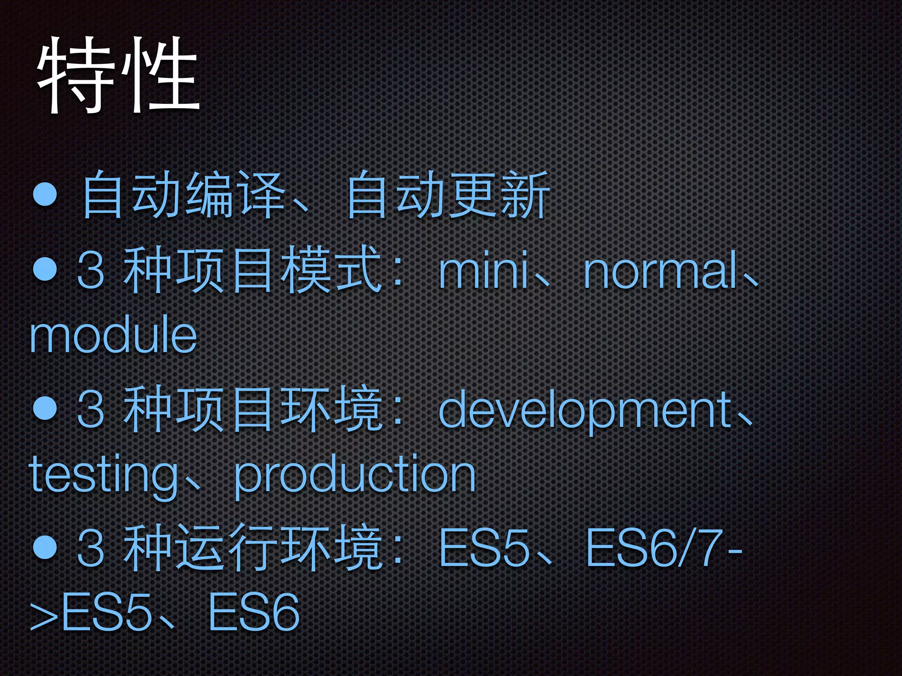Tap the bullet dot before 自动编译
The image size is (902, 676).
point(45,194)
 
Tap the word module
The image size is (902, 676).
point(113,335)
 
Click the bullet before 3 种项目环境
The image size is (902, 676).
point(45,408)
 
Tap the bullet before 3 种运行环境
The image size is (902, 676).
point(45,547)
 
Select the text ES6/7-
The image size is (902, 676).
point(663,548)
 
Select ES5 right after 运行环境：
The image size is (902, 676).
point(484,548)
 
